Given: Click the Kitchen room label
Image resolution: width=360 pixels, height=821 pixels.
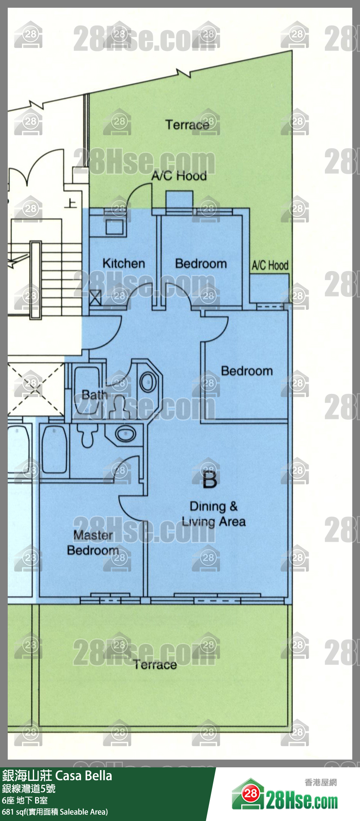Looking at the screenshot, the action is coord(124,263).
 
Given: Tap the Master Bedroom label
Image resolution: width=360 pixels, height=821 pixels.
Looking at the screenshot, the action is coord(93,543).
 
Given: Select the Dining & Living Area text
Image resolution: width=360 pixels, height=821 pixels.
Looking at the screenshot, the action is coord(214,514).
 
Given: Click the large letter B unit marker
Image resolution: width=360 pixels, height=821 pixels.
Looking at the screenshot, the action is coord(210,480).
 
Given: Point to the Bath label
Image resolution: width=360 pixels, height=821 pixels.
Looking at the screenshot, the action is coord(94,395).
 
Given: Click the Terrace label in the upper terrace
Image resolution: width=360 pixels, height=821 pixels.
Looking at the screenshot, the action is coord(187,125).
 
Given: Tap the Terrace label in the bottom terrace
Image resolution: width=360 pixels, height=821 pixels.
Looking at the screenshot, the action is coord(155,664).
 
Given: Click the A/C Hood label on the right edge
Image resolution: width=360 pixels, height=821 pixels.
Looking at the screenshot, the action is coord(270,265).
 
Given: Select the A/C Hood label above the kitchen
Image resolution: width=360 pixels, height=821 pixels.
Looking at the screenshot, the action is coord(179,176).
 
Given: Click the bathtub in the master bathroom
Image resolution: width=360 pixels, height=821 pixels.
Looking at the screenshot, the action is coord(54,450).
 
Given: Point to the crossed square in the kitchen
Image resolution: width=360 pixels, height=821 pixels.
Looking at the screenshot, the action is coord(95,297).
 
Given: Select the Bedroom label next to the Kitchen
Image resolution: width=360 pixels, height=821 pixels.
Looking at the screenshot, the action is coord(201,264).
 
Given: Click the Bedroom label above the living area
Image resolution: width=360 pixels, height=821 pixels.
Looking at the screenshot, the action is coord(247,371).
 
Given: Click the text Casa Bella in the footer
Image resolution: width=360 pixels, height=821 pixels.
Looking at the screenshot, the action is coord(84,776).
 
